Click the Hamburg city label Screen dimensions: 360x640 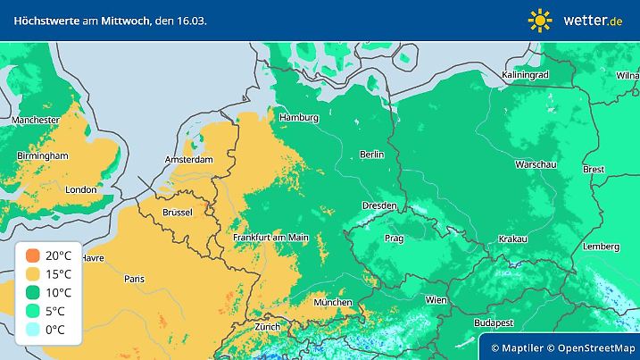click(299, 118)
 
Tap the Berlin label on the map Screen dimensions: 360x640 click(371, 155)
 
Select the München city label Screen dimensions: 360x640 click(332, 303)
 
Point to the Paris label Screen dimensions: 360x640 click(134, 279)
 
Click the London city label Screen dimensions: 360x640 click(80, 189)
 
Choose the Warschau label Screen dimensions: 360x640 click(536, 165)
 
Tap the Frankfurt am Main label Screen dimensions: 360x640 click(270, 238)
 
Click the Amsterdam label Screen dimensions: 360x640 click(188, 160)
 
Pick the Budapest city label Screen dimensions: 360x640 click(493, 322)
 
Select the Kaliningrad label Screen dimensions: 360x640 click(525, 75)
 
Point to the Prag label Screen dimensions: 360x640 click(394, 239)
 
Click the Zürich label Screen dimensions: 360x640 click(267, 327)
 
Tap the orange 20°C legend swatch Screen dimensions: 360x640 click(32, 255)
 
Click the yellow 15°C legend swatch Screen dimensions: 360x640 click(32, 273)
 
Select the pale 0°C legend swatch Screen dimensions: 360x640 click(32, 330)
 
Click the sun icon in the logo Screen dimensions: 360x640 click(540, 20)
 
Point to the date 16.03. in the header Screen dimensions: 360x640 click(190, 20)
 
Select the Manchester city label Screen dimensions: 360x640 click(36, 120)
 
